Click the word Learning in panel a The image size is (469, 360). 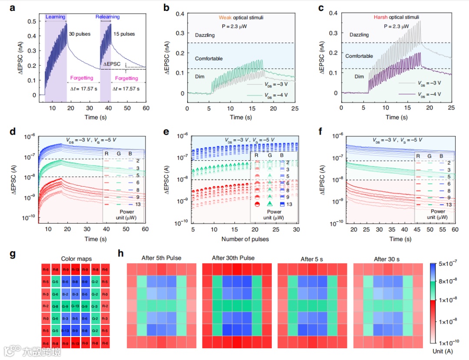tap(55, 17)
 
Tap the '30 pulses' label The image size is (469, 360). tap(80, 34)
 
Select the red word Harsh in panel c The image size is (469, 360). tap(381, 17)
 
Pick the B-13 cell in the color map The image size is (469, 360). tap(66, 330)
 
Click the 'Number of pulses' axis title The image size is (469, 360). tap(245, 239)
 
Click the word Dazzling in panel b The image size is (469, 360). tap(205, 35)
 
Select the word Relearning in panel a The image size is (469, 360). tap(108, 17)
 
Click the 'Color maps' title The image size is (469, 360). tap(76, 259)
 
